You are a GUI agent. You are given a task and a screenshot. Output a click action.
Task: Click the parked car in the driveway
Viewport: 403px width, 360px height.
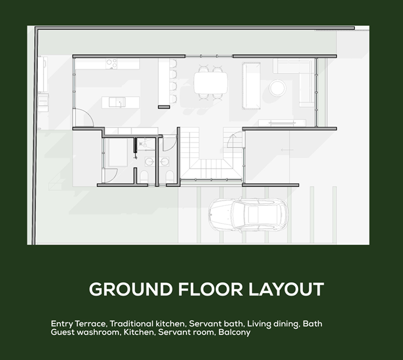coord(248,214)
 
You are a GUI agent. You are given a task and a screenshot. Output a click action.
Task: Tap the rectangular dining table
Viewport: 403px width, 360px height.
coord(210,83)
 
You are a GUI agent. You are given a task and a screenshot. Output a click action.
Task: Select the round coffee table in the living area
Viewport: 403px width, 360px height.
coord(277,88)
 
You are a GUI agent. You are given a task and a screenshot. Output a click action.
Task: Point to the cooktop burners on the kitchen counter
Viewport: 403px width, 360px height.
coord(112,64)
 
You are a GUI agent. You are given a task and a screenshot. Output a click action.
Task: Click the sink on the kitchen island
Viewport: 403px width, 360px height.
coord(117,102)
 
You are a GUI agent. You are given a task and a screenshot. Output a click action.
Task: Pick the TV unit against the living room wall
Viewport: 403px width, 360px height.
coord(282,122)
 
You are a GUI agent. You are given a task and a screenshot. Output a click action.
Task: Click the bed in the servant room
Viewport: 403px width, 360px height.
coord(118,152)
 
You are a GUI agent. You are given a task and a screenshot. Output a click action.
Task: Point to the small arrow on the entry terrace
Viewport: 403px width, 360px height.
coord(287,150)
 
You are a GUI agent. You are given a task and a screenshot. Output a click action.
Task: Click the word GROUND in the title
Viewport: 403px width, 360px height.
coord(131,289)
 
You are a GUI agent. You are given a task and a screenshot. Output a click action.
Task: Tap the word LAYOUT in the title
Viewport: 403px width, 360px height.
coord(286,289)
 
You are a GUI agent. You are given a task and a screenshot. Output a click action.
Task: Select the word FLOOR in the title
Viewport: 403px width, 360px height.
coord(210,289)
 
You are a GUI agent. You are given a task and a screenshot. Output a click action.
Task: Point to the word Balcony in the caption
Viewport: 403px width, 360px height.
coord(234,332)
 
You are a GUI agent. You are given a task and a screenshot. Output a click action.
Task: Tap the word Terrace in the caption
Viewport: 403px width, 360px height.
coord(91,323)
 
